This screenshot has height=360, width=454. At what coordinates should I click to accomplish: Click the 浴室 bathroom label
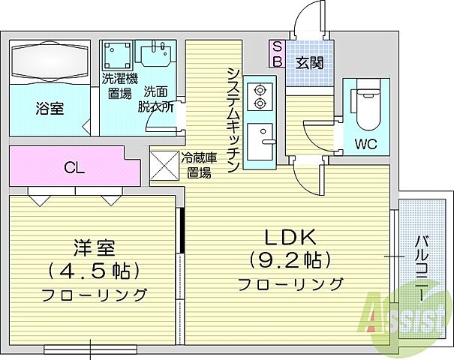[50, 109]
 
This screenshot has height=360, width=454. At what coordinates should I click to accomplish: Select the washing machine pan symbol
[117, 55]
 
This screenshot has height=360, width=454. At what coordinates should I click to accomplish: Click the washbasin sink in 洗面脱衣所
[156, 54]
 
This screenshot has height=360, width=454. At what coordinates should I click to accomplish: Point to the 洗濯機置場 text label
[119, 85]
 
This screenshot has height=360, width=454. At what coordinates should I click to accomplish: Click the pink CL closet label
[74, 167]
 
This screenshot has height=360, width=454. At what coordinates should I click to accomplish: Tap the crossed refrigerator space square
[164, 166]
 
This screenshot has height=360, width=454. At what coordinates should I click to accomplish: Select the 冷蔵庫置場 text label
[199, 166]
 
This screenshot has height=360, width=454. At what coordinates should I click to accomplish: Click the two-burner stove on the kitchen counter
[260, 96]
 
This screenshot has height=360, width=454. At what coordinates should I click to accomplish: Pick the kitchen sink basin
[260, 142]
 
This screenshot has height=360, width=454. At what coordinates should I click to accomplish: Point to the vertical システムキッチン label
[233, 120]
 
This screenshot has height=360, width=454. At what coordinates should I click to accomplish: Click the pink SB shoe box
[278, 54]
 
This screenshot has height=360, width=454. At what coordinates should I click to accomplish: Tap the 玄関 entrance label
[309, 63]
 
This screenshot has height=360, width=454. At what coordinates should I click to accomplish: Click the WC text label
[366, 143]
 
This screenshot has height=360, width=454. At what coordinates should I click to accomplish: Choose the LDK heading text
[290, 238]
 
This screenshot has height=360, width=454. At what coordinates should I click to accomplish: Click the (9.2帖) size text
[290, 259]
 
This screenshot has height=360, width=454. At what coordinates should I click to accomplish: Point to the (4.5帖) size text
[94, 270]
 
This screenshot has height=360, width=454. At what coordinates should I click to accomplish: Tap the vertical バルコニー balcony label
[422, 268]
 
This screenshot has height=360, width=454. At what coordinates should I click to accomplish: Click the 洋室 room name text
[94, 248]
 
